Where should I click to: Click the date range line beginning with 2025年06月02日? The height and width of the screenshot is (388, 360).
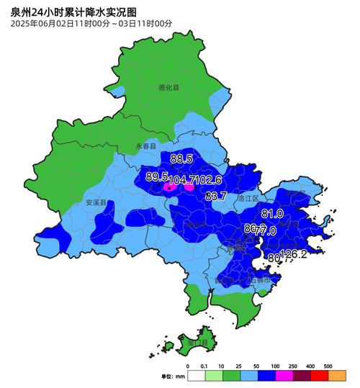91,24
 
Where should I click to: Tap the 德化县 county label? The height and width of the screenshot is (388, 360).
168,87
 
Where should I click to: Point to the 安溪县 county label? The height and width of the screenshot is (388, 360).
95,203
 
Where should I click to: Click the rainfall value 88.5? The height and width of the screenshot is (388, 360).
181,158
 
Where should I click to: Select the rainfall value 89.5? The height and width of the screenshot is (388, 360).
156,176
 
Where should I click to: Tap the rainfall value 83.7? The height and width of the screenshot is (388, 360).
216,196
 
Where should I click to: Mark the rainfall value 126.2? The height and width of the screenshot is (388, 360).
293,254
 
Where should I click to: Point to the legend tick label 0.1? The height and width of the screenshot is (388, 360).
206,366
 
